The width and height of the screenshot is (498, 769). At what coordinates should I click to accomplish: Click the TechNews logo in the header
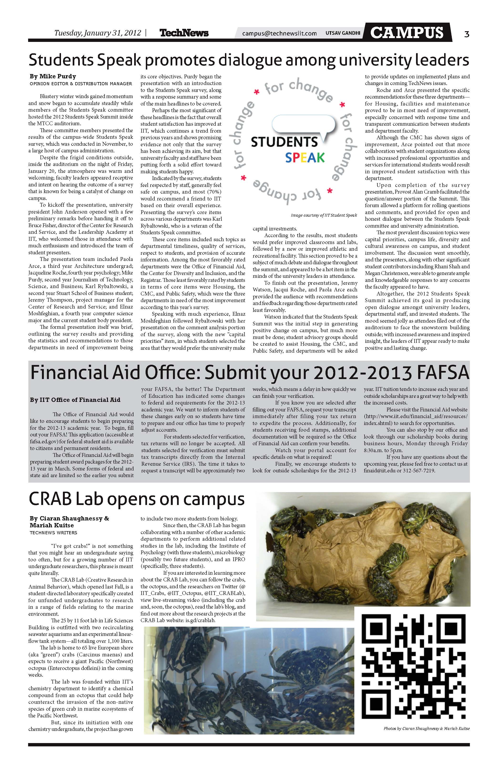(x=184, y=33)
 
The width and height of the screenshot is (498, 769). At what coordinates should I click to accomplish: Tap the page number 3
(x=466, y=34)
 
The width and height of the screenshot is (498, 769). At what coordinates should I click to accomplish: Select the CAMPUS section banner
(x=407, y=33)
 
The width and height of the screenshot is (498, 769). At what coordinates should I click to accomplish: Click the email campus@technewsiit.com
(x=279, y=33)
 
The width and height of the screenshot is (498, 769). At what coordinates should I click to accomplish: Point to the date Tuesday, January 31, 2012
(x=98, y=33)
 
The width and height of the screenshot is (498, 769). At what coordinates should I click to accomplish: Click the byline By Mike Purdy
(x=53, y=77)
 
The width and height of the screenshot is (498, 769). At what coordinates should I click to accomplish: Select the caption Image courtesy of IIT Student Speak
(x=324, y=215)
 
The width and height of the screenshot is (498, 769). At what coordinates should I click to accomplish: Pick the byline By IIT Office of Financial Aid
(x=75, y=400)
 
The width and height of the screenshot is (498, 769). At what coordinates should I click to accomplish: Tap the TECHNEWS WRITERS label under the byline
(x=53, y=533)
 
